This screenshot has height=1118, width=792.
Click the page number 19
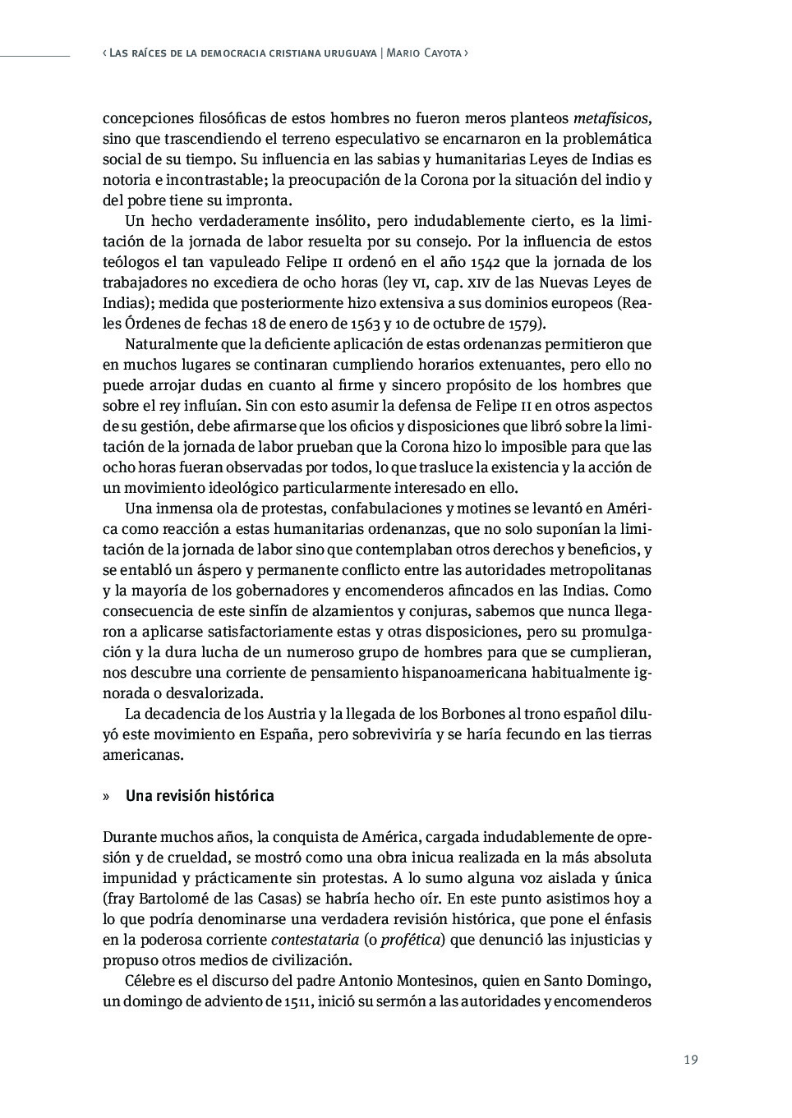[x=690, y=1059]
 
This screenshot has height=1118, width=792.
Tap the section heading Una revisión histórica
[x=200, y=796]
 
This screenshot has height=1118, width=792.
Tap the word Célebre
[x=150, y=981]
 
